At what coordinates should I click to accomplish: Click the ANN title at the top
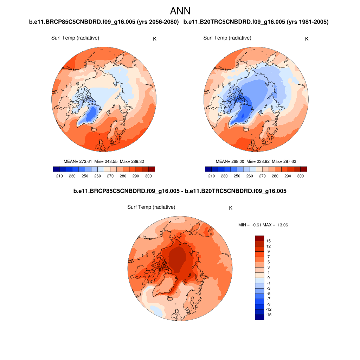[x=180, y=11]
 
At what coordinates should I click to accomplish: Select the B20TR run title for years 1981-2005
[x=256, y=22]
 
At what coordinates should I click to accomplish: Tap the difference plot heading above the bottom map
[x=180, y=191]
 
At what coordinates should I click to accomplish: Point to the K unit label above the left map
[x=155, y=39]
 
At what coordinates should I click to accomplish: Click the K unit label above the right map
[x=307, y=39]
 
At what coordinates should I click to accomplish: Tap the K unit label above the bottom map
[x=231, y=208]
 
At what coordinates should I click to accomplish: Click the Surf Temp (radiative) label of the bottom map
[x=151, y=207]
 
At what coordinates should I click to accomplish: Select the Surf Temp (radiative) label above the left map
[x=75, y=38]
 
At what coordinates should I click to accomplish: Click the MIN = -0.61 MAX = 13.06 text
[x=263, y=225]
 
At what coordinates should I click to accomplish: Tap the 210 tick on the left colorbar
[x=59, y=176]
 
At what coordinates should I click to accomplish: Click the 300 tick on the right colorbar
[x=300, y=176]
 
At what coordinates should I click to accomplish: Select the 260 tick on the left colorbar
[x=97, y=176]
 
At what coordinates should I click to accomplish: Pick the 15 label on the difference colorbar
[x=269, y=241]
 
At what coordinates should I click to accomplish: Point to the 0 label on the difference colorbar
[x=269, y=278]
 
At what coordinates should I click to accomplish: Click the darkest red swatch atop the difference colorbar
[x=259, y=238]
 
